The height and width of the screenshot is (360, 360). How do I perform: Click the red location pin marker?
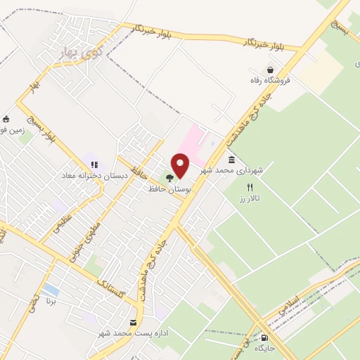(x=181, y=166)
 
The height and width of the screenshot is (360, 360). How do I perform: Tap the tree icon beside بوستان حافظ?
(x=169, y=179)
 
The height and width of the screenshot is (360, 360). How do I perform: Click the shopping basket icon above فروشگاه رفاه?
(x=270, y=70)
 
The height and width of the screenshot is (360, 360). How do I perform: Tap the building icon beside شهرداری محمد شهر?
(x=232, y=160)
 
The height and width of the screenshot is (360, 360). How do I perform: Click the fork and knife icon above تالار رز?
(x=250, y=188)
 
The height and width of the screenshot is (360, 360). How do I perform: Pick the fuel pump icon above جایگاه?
(x=264, y=337)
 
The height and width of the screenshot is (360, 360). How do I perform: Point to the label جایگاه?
(x=264, y=348)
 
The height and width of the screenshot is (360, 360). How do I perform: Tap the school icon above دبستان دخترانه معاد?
(x=94, y=165)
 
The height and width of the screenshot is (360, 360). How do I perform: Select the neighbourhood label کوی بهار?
(x=77, y=51)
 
